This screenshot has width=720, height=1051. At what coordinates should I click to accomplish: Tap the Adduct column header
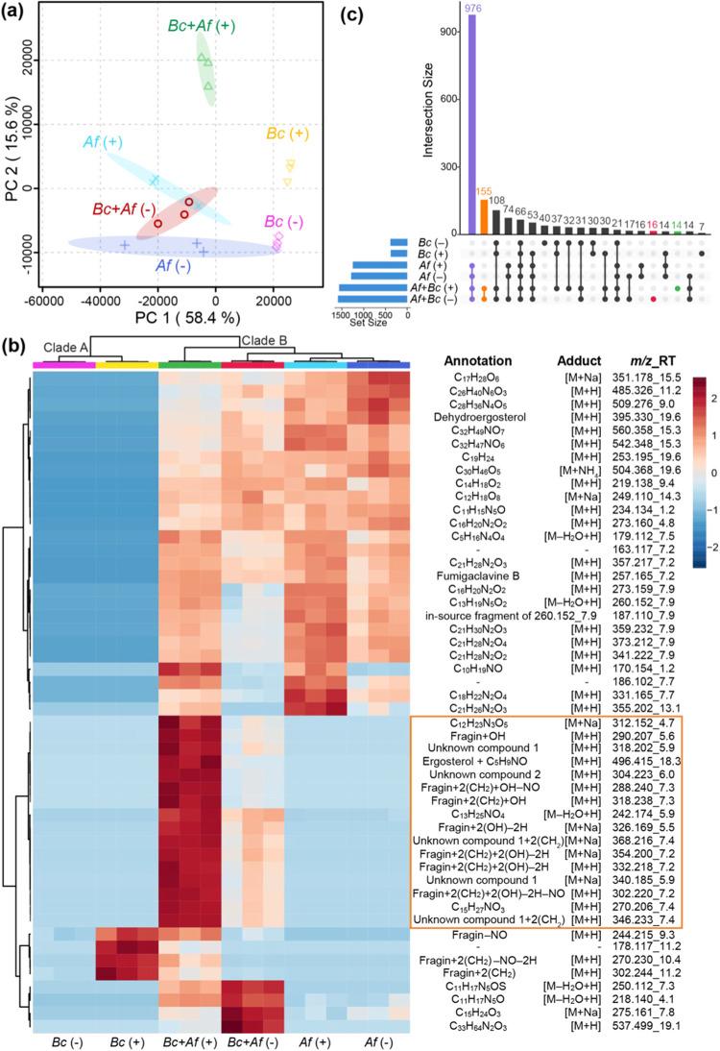576,360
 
